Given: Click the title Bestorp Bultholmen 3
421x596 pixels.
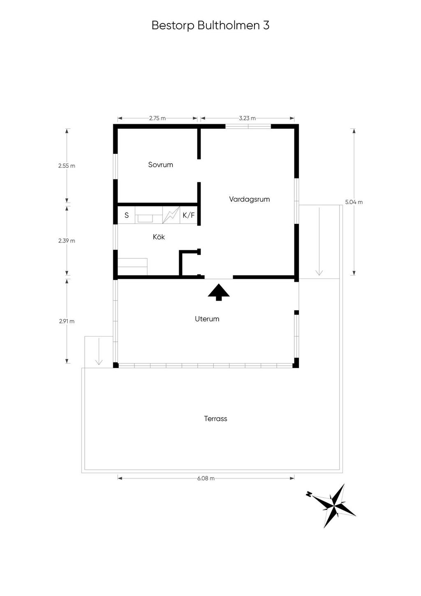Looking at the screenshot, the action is (210, 26).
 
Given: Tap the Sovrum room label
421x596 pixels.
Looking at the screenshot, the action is (160, 165).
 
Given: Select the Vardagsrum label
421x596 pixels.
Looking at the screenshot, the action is (250, 199).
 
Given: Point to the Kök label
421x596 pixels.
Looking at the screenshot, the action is (159, 237).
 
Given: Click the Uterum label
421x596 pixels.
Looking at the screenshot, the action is (207, 319).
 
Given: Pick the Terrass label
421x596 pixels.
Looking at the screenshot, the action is (215, 419).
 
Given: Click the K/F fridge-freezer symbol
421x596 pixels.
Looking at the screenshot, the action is (189, 215).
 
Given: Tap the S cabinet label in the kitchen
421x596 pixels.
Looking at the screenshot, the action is (127, 215).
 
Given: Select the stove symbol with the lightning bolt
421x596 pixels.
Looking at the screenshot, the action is (171, 215).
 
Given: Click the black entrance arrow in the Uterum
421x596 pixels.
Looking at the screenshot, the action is (219, 292).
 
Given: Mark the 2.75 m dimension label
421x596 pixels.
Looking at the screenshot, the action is (157, 118).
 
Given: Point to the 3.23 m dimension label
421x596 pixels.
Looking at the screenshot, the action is (248, 118).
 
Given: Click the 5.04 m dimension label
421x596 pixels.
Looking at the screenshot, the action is (354, 202).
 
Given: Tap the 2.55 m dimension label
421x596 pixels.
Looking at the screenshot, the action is (67, 166).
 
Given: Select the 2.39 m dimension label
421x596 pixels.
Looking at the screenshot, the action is (67, 241).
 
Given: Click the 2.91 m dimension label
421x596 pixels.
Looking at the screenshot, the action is (67, 321).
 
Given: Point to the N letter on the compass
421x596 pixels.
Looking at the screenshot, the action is (309, 494).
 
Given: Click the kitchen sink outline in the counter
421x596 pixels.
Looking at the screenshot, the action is (145, 218).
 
